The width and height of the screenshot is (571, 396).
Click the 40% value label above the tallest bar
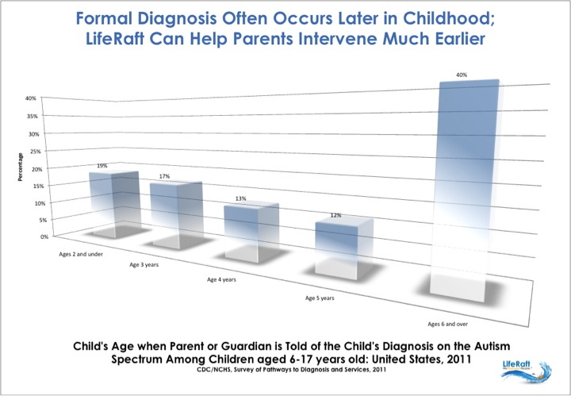[461, 75]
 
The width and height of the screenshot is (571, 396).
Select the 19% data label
[102, 167]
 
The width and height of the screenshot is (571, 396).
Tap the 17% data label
[166, 176]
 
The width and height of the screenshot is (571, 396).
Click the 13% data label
[240, 198]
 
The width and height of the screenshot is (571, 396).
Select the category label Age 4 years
[222, 280]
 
